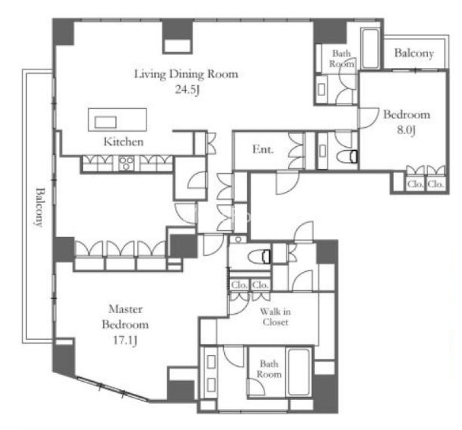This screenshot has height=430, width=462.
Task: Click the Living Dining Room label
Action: (186, 73)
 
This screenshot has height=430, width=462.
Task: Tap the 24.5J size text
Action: (188, 89)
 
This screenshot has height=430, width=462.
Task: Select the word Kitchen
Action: (123, 142)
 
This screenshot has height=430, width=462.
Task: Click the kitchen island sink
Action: (106, 122)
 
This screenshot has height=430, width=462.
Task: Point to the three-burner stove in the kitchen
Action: (126, 164)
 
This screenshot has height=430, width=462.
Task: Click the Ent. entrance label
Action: (263, 150)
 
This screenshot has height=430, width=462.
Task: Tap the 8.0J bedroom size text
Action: (406, 130)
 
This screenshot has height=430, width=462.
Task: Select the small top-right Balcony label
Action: (414, 53)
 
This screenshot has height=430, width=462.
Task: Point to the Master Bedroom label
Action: (125, 317)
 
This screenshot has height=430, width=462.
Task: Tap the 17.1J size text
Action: (125, 340)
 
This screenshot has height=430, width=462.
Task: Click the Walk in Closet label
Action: (275, 317)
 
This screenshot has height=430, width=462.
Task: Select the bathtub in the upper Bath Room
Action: (370, 48)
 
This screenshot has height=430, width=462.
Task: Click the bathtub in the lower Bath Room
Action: (299, 372)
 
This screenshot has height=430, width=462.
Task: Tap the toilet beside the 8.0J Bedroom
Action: (347, 156)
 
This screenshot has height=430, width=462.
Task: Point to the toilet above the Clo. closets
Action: (259, 256)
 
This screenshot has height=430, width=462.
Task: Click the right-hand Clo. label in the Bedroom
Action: (436, 184)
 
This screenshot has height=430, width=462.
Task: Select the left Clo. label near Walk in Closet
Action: (239, 285)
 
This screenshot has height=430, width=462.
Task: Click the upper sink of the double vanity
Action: (211, 362)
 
